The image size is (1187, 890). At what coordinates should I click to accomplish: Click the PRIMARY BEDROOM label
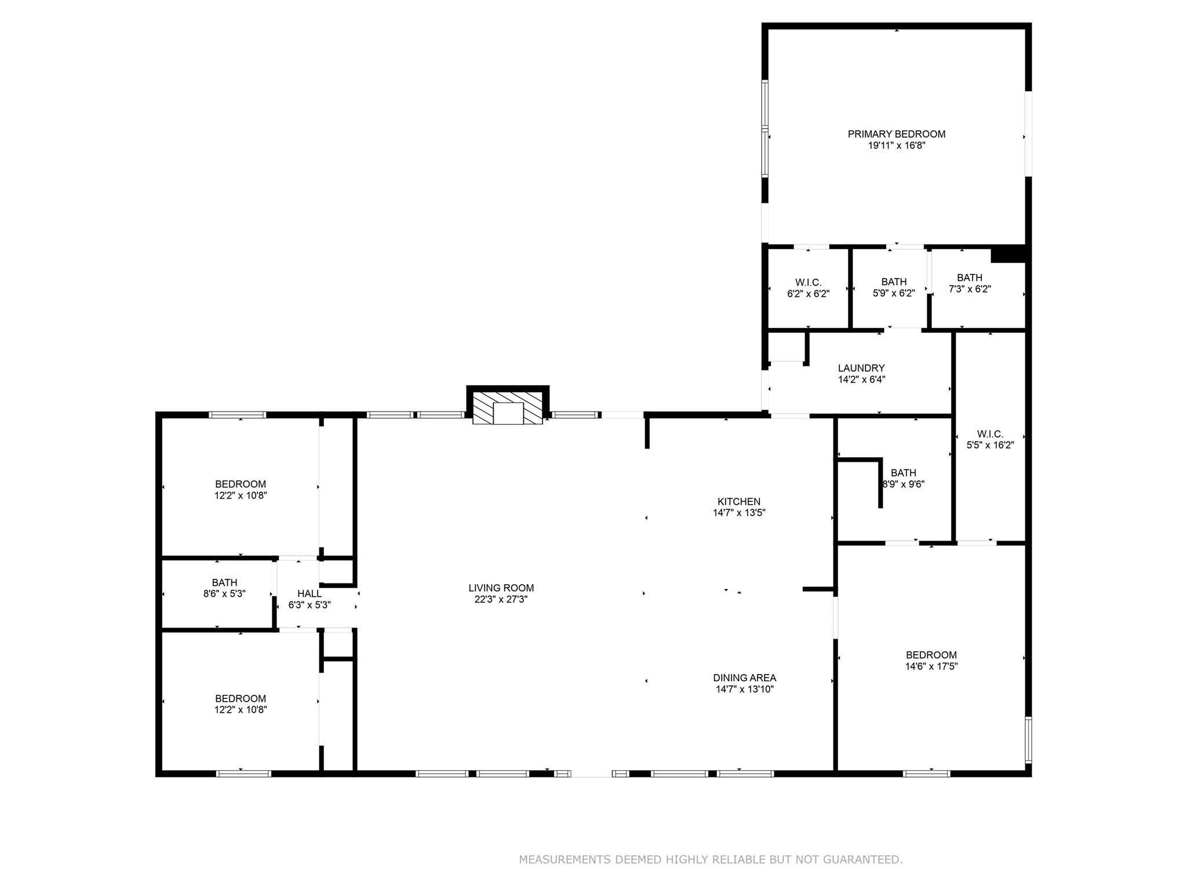[x=896, y=134]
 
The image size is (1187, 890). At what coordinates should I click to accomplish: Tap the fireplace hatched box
[x=507, y=408]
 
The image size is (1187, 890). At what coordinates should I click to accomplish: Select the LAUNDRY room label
[x=861, y=368]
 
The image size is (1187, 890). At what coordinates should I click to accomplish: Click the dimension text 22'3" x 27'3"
[x=501, y=600]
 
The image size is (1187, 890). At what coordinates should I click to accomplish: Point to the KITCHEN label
[x=738, y=502]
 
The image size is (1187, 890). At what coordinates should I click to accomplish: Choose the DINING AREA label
[x=744, y=678]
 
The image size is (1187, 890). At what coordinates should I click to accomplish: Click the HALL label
[x=309, y=594]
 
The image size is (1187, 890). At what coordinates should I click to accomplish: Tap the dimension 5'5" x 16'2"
[x=989, y=446]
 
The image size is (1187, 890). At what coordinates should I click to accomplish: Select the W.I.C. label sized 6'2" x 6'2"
[x=808, y=283]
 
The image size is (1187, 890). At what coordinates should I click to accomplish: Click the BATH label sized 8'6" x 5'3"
[x=224, y=583]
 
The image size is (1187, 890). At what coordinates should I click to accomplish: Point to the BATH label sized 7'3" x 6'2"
[x=969, y=278]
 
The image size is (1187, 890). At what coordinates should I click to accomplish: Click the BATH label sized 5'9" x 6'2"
[x=894, y=282]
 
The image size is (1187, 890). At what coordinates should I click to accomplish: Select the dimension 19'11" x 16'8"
[x=896, y=145]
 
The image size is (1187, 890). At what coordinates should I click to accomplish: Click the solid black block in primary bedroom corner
[x=1008, y=254]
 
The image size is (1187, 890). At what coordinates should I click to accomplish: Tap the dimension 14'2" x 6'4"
[x=861, y=380]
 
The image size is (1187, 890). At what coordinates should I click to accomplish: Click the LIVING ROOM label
[x=501, y=588]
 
